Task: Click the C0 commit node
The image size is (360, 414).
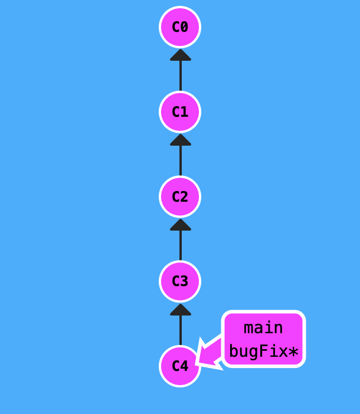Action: (180, 27)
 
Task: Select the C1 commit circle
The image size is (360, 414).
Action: (180, 112)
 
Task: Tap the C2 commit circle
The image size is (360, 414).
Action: (180, 196)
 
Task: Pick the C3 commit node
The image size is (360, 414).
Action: (180, 281)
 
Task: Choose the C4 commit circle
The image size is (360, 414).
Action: (180, 366)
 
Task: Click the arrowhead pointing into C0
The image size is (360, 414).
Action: (180, 55)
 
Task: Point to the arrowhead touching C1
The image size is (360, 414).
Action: (180, 140)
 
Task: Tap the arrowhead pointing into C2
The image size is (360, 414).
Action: (180, 225)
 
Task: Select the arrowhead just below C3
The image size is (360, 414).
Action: (180, 310)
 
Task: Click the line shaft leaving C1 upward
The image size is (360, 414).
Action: (180, 77)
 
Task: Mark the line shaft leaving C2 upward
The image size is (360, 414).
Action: (180, 162)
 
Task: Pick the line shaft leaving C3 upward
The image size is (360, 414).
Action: (180, 247)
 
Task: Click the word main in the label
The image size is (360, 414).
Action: (263, 328)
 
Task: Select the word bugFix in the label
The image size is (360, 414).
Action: (257, 352)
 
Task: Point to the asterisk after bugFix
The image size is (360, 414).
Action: (293, 353)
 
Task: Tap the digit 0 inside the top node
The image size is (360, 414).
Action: (184, 27)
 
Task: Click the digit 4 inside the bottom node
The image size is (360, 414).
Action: (184, 366)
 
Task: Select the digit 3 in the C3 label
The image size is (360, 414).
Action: (184, 281)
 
